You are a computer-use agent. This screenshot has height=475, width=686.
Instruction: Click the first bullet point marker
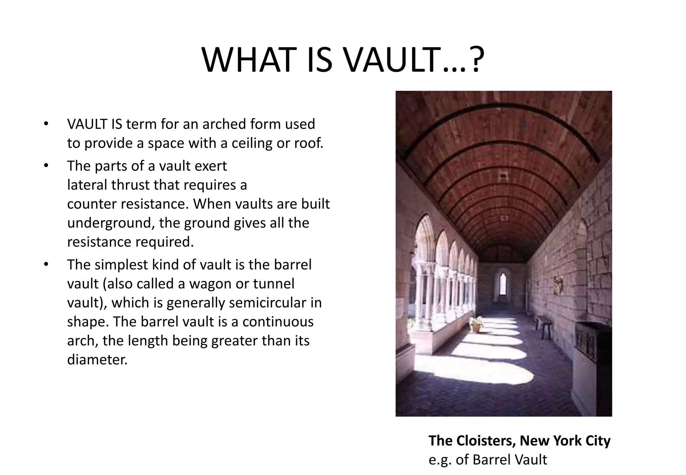[46, 124]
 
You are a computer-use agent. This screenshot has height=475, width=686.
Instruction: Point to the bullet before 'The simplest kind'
[46, 265]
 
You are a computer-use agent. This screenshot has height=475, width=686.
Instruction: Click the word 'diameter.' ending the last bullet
[97, 360]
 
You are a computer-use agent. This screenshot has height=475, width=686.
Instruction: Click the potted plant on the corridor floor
[476, 324]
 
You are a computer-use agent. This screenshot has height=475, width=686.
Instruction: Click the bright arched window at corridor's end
[502, 284]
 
